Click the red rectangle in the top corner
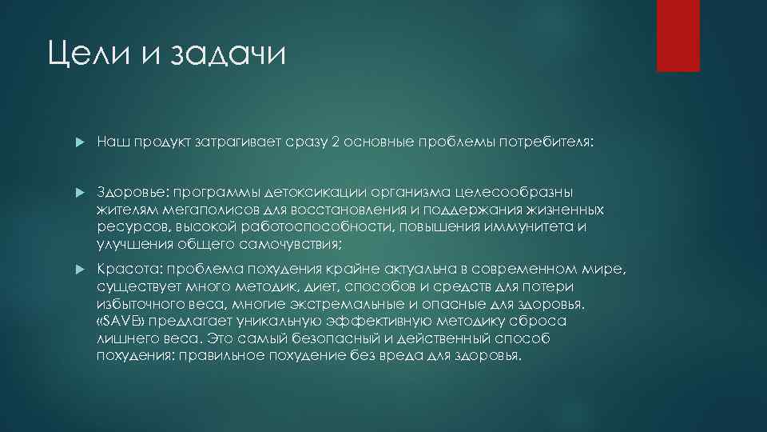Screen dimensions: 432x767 (x=678, y=36)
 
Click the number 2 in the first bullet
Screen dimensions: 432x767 (x=336, y=142)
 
